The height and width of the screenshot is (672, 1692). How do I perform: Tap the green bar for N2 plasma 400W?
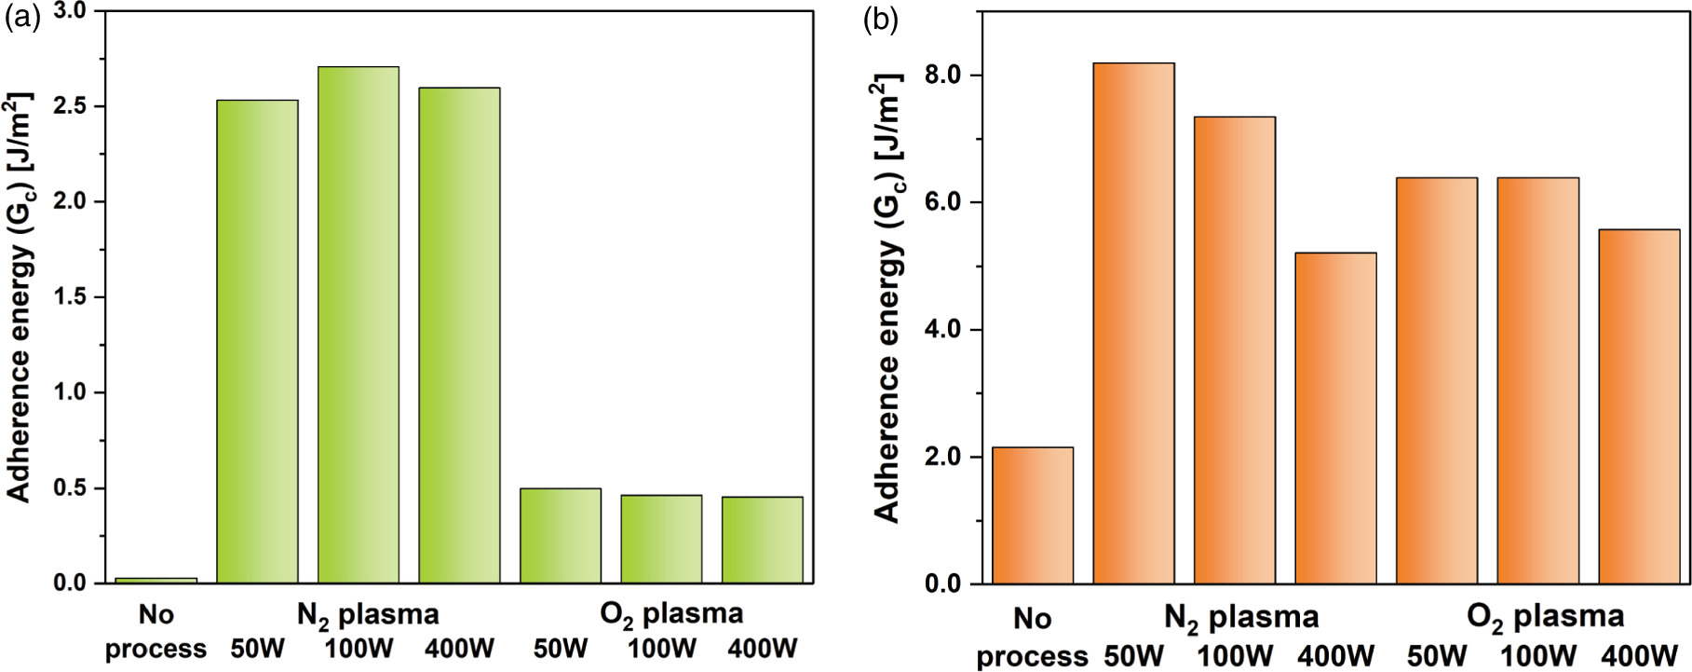pos(459,336)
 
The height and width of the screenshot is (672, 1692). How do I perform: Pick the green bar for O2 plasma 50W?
pos(560,536)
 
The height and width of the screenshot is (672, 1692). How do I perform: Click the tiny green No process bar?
pos(156,581)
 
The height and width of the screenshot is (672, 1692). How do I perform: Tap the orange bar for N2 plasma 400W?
pos(1335,418)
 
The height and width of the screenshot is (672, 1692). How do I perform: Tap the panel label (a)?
pos(22,18)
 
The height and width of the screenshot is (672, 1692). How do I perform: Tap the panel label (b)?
pos(880,20)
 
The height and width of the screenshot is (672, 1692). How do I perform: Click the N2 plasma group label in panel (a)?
pos(368,615)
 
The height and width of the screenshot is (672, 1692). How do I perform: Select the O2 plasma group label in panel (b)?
pos(1545,617)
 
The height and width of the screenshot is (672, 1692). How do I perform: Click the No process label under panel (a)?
pos(156,632)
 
